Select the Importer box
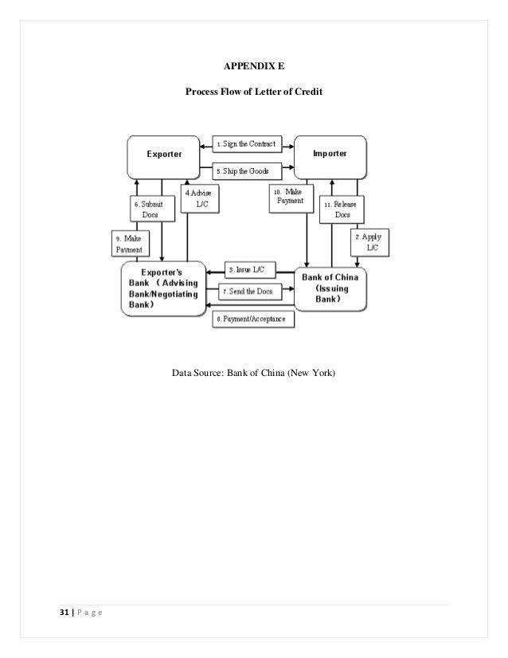coord(330,155)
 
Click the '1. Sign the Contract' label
coord(247,144)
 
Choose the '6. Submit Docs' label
coord(150,210)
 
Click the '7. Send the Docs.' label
coord(248,292)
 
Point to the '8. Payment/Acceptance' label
coord(252,319)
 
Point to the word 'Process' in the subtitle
coord(205,92)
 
